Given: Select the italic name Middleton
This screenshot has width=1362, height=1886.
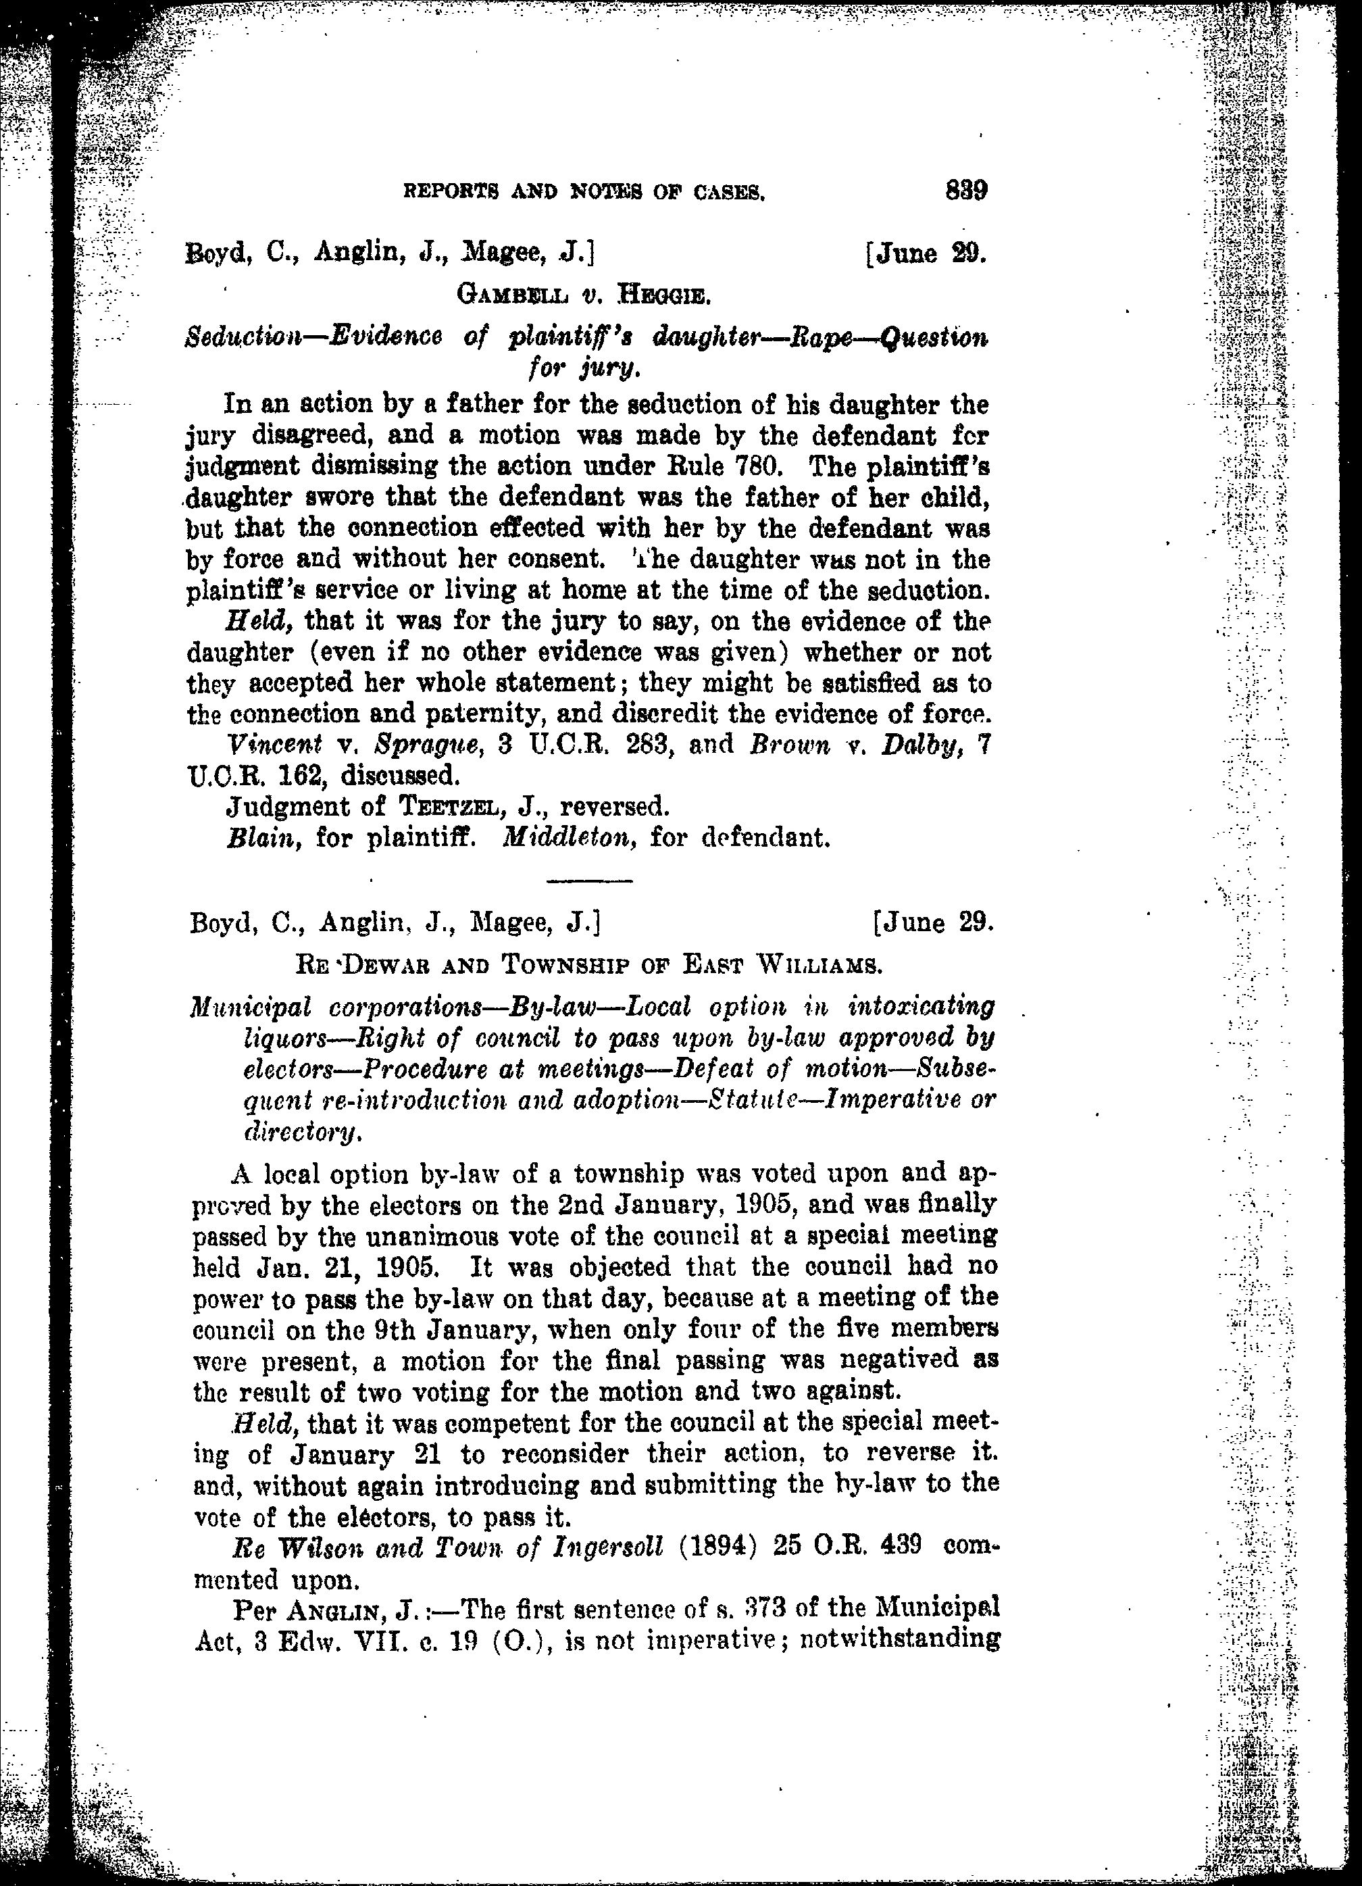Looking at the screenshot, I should point(570,837).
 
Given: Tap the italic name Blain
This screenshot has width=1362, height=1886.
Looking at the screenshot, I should point(266,837).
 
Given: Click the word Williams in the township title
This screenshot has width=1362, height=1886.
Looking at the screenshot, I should point(817,966).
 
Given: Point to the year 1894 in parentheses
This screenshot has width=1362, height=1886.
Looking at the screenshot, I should point(718,1547).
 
